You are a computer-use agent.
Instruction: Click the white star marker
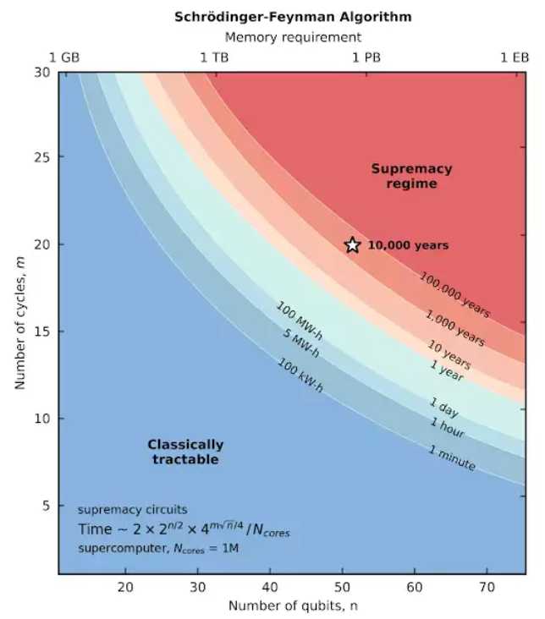[352, 245]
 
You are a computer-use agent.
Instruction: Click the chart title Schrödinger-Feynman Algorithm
[293, 16]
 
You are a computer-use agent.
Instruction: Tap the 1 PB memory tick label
[367, 58]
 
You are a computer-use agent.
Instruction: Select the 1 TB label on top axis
[214, 58]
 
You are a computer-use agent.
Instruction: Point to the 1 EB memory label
[515, 58]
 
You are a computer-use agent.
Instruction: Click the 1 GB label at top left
[64, 58]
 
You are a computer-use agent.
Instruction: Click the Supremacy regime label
[411, 176]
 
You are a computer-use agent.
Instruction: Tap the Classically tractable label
[185, 452]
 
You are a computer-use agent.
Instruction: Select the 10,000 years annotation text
[408, 246]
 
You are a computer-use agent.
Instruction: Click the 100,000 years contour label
[455, 294]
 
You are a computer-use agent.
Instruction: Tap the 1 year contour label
[448, 369]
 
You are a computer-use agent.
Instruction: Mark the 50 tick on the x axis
[343, 588]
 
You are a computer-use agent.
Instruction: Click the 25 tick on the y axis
[41, 157]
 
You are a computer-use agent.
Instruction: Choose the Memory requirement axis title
[293, 37]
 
